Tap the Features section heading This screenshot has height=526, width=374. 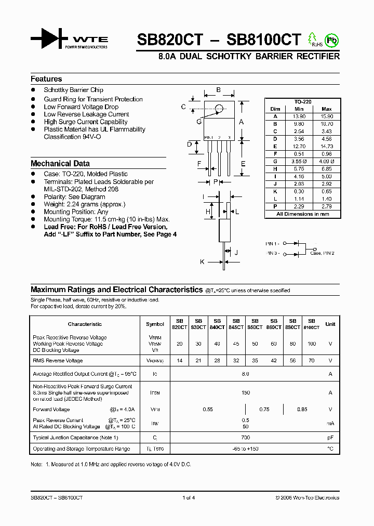click(46, 79)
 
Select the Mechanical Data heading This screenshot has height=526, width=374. click(60, 163)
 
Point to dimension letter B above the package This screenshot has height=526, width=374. click(219, 90)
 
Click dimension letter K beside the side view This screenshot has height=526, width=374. click(202, 262)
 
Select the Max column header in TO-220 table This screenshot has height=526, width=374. click(326, 109)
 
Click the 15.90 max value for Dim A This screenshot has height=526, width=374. click(326, 116)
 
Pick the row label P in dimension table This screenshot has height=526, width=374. click(275, 206)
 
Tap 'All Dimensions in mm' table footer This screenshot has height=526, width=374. click(302, 214)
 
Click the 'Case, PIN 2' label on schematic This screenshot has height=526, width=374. click(322, 253)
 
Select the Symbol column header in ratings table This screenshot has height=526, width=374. click(155, 324)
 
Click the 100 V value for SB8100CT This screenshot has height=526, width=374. click(311, 344)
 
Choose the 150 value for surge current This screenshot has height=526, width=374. click(245, 393)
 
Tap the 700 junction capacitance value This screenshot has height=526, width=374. click(245, 438)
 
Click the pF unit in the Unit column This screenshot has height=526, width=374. click(330, 438)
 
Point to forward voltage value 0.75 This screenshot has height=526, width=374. click(264, 410)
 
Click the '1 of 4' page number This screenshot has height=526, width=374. click(189, 498)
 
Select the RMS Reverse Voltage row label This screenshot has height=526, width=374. click(58, 361)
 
